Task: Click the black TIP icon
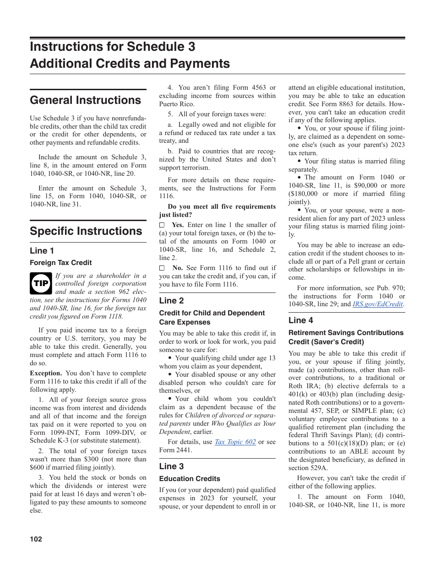tap(41, 283)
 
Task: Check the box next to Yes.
tap(162, 225)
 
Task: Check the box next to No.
tap(162, 268)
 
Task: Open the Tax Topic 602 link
tap(235, 442)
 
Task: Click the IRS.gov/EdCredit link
tap(378, 304)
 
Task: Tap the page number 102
tap(36, 539)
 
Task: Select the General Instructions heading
tap(85, 100)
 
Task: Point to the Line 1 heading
tap(42, 250)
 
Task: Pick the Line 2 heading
tap(171, 301)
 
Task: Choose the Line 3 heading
tap(171, 466)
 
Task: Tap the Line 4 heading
tap(301, 320)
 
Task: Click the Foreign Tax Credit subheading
tap(60, 263)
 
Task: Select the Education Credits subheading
tap(190, 479)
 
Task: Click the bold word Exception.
tap(46, 373)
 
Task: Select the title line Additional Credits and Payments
tap(130, 64)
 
